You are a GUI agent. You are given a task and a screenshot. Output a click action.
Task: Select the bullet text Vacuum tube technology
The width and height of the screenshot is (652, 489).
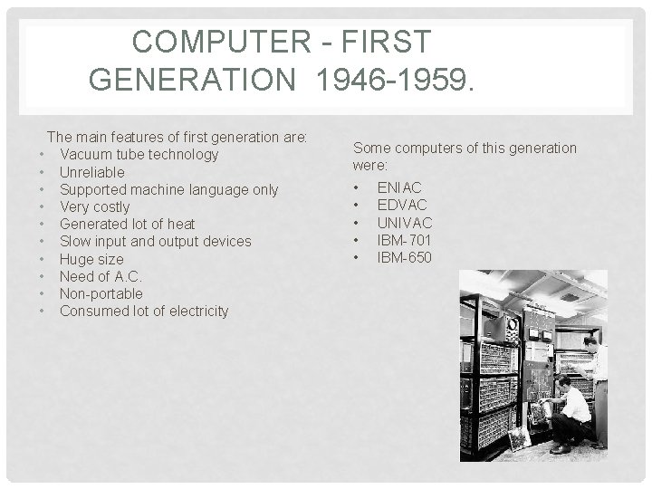click(139, 154)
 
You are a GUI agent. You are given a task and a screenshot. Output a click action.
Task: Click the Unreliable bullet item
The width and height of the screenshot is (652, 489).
click(91, 172)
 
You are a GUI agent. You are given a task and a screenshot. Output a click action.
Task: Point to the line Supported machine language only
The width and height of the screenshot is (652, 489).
click(168, 189)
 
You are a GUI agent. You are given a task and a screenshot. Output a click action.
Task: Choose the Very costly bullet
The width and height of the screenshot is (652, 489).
click(94, 206)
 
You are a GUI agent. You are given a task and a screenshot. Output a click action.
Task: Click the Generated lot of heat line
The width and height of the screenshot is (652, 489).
click(127, 224)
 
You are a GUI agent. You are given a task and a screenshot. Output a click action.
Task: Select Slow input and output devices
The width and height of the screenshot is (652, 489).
click(155, 241)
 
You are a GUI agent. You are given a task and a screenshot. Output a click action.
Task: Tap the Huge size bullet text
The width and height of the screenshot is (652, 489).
click(91, 259)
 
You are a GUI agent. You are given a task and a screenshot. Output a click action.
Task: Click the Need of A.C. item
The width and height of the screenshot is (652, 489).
click(101, 276)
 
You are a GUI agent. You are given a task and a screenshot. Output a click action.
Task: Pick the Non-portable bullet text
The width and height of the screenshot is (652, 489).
click(101, 293)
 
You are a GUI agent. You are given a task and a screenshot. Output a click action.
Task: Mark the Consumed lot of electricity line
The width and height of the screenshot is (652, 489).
click(143, 311)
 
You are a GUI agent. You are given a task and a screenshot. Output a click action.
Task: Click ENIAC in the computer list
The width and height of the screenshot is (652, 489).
click(399, 187)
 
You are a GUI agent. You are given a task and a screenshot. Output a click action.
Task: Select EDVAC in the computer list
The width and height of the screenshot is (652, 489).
click(402, 205)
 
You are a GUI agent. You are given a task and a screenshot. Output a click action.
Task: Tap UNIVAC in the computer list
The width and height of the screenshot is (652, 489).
click(405, 223)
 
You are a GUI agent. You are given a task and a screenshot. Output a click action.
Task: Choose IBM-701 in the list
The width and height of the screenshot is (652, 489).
click(404, 240)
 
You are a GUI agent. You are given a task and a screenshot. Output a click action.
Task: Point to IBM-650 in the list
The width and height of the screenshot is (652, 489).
click(404, 258)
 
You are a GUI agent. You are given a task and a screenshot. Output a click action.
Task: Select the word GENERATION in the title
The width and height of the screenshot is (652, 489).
click(192, 81)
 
